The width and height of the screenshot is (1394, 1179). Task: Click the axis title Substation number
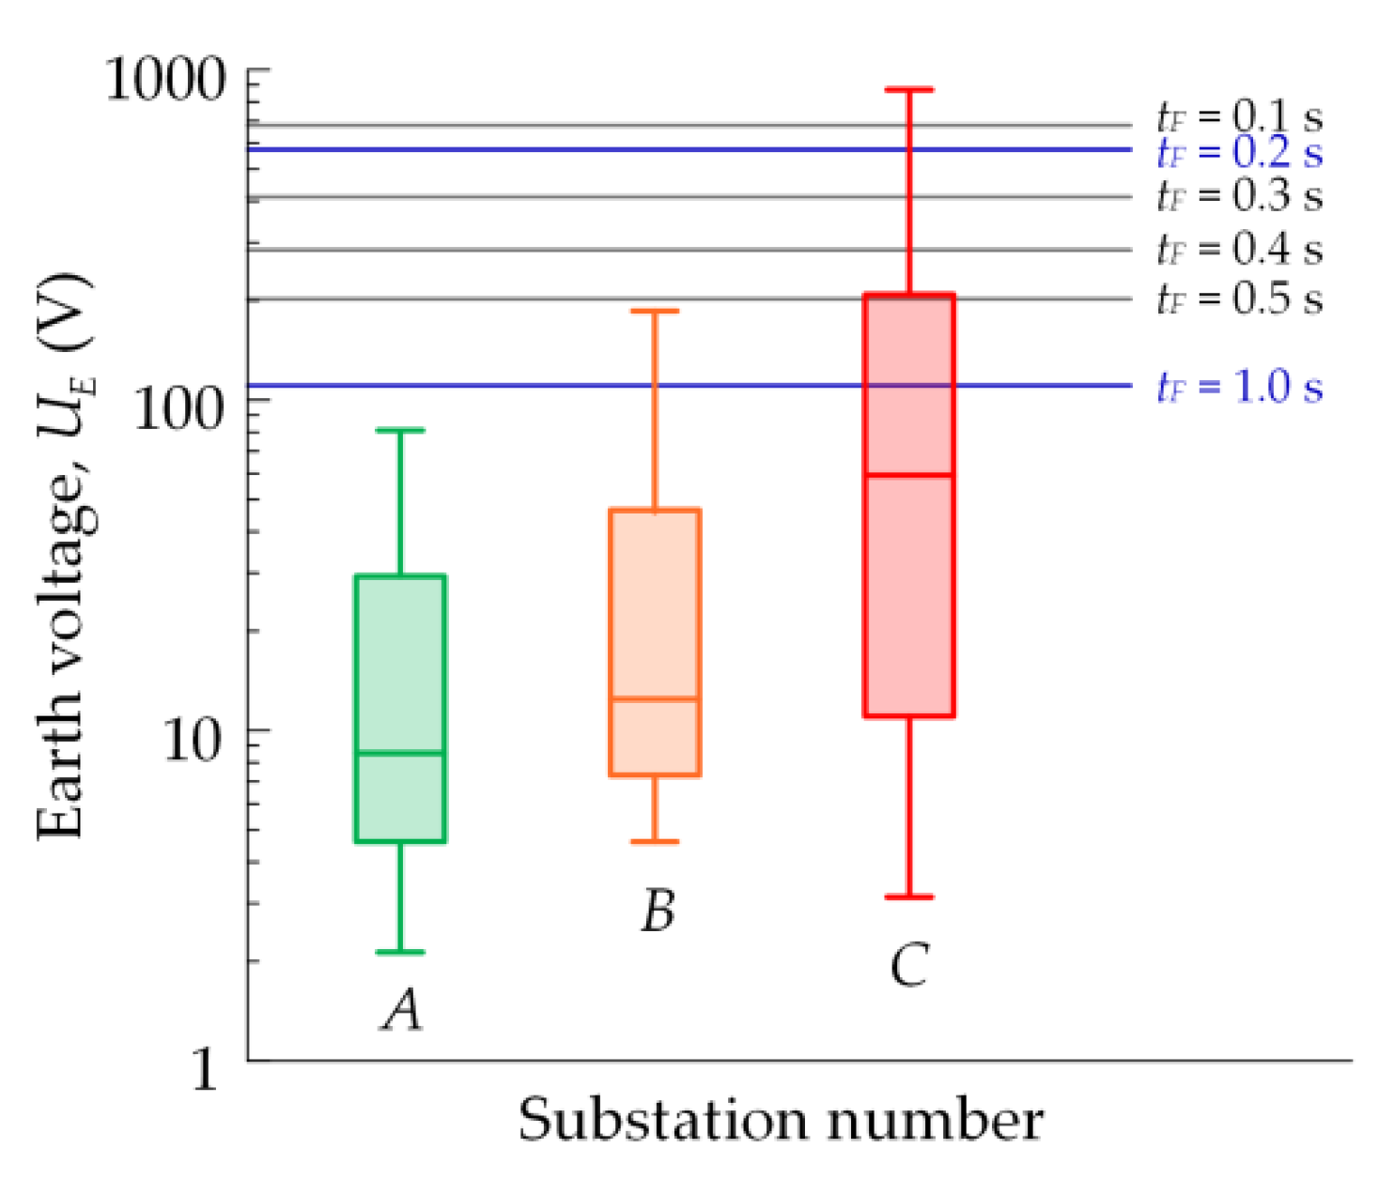(780, 1120)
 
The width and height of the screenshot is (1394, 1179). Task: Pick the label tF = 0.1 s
(1239, 117)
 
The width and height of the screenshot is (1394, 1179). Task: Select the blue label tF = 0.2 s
(1239, 152)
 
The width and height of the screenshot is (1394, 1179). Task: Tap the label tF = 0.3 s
(1239, 196)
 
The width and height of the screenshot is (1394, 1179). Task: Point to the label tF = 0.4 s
(1239, 250)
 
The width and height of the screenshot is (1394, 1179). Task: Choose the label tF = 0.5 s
(1239, 299)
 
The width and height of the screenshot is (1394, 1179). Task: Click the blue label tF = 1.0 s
(1239, 387)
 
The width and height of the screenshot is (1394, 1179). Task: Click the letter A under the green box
(402, 1011)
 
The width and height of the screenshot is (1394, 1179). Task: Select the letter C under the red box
(909, 965)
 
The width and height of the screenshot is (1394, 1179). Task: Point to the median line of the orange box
(655, 699)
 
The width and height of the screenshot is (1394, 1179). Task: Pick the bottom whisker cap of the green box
(400, 952)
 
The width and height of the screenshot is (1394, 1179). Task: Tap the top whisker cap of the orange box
(655, 311)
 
